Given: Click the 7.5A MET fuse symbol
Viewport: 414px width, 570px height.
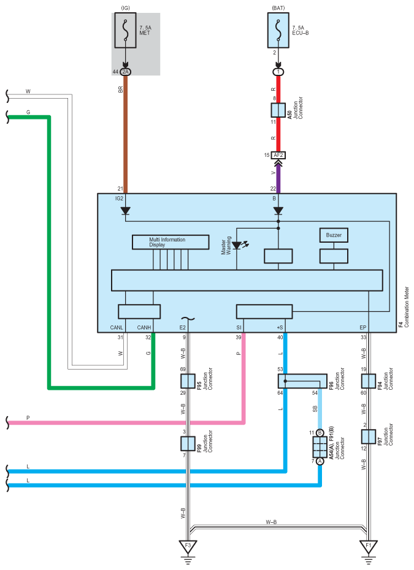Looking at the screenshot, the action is click(126, 30).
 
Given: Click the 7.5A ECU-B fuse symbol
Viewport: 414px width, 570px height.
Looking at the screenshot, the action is click(278, 30).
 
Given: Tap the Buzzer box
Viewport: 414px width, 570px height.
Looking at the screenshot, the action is click(334, 235).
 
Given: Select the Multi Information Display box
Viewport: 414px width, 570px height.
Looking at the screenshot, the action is click(171, 242).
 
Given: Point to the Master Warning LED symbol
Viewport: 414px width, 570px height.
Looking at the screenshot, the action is click(237, 246).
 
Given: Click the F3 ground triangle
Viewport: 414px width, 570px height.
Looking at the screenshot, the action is click(188, 546).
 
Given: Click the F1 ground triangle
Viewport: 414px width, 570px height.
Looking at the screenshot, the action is click(369, 546).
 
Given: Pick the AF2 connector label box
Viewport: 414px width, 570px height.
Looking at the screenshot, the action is click(278, 155).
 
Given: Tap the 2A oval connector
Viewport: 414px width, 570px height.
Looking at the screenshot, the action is click(126, 72).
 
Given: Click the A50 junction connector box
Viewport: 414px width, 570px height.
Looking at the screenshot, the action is click(278, 110).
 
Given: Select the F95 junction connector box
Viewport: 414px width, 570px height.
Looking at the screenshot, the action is click(188, 381).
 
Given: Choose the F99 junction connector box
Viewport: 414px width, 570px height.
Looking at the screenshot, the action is click(188, 444).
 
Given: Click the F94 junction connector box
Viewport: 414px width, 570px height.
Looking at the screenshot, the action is click(369, 381).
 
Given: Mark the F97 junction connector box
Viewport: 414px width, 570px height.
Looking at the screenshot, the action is click(369, 436).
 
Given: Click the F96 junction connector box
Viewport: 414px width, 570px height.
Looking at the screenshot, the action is click(302, 381).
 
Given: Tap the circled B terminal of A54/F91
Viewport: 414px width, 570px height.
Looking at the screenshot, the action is click(320, 433).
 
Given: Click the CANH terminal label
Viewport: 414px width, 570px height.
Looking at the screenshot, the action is click(144, 327).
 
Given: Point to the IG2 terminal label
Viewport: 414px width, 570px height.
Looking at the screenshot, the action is click(120, 199).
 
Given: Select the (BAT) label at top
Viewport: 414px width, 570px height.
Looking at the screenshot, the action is click(278, 7).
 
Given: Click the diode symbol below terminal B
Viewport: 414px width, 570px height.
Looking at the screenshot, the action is click(278, 211).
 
